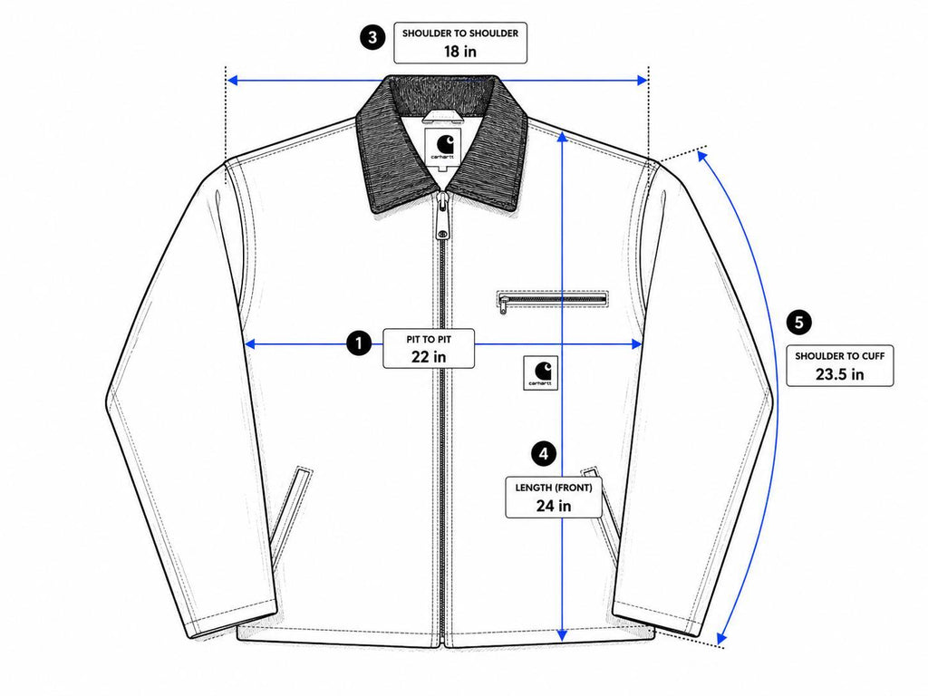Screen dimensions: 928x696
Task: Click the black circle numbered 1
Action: [x=359, y=343]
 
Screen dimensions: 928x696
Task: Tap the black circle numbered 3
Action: [x=372, y=38]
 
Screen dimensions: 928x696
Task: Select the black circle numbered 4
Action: [x=544, y=454]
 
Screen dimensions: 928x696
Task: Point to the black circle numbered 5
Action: [x=799, y=323]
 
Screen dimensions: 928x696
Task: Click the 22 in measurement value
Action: [x=429, y=357]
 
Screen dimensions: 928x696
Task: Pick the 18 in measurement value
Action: [x=459, y=52]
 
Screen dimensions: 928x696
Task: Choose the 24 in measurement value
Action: [x=554, y=506]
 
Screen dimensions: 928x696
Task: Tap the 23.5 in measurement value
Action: [x=839, y=374]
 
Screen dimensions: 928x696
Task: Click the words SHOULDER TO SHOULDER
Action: [x=459, y=34]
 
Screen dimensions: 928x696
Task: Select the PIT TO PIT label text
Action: [x=429, y=340]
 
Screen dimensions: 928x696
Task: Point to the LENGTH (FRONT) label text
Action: [x=554, y=488]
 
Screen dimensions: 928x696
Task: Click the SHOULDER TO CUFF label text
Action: [x=839, y=356]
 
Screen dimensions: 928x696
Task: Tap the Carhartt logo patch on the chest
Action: [x=540, y=373]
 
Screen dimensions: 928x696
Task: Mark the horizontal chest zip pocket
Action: [x=553, y=300]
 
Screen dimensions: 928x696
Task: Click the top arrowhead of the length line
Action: [x=562, y=138]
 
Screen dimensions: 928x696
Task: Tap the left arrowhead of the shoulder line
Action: [x=233, y=80]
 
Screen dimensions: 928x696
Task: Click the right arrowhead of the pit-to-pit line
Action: [x=637, y=343]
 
